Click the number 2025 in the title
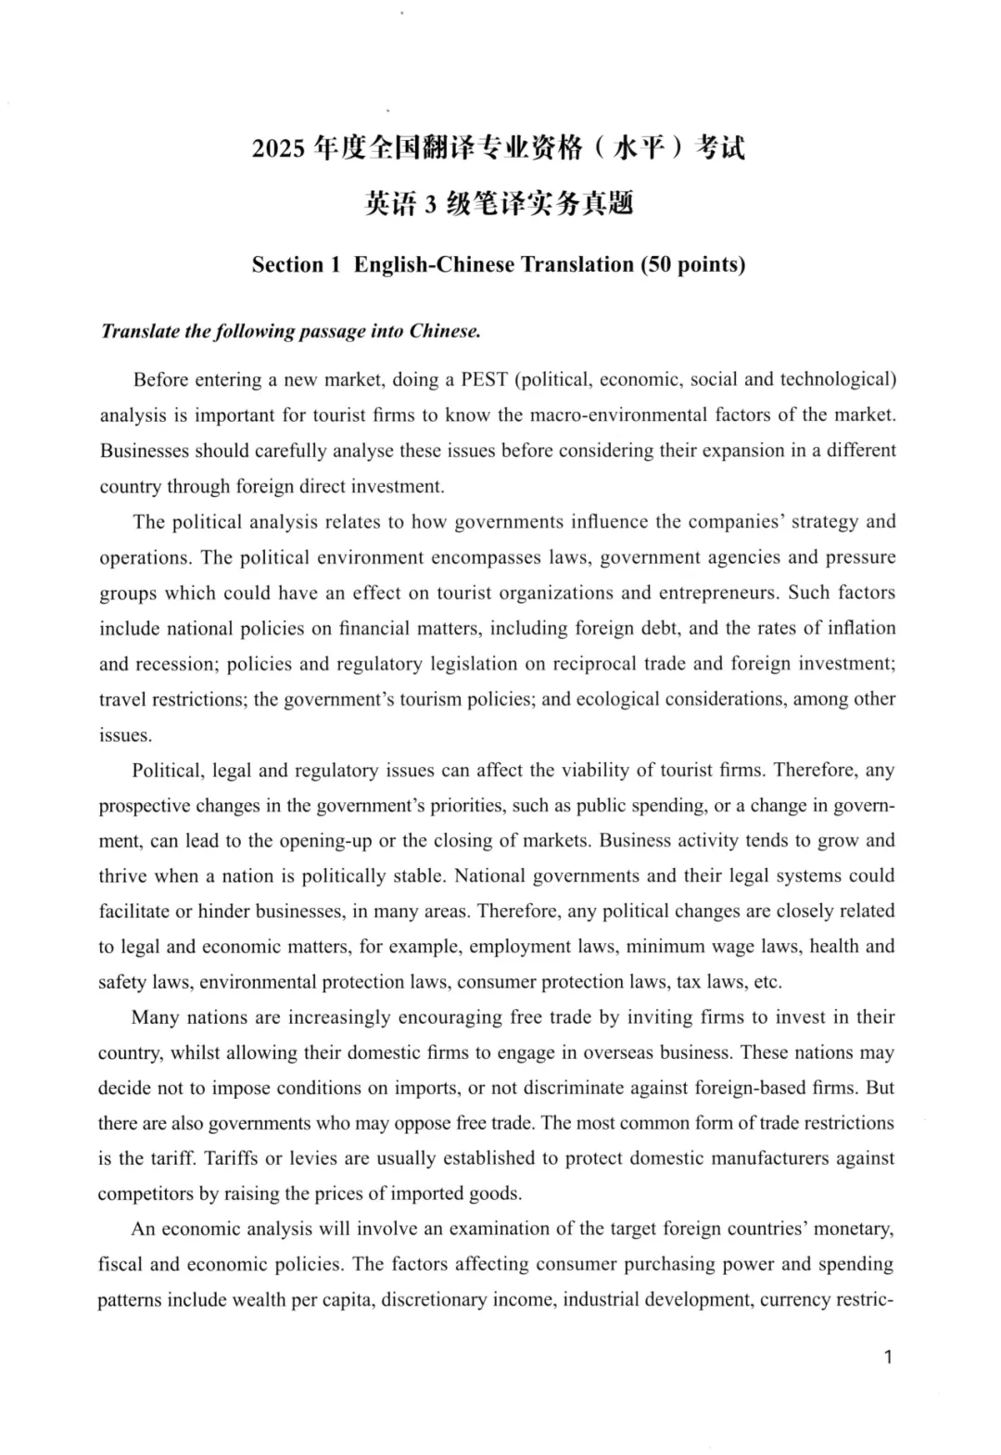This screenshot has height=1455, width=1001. tap(278, 148)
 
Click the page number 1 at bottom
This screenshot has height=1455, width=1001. tap(888, 1358)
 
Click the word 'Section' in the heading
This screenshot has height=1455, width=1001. tap(288, 264)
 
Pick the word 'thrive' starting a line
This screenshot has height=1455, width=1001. tap(122, 875)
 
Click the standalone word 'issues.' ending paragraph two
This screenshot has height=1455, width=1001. tap(125, 734)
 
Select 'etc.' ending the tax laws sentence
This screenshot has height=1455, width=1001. tap(767, 981)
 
